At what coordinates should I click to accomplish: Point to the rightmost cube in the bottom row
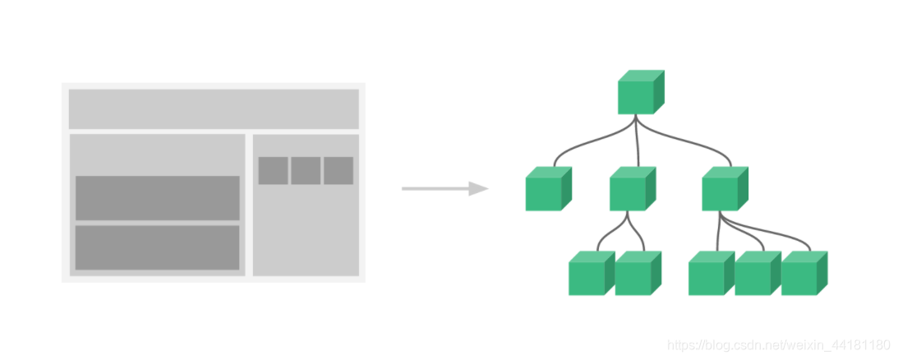pos(803,274)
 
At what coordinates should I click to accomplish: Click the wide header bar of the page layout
pos(214,108)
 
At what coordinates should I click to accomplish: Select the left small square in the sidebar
pos(273,171)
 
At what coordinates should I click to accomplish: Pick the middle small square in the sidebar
pos(306,171)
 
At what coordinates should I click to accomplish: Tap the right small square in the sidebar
pos(338,171)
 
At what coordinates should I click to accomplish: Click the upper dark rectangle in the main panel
pos(158,198)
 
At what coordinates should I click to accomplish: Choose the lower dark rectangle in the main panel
pos(158,247)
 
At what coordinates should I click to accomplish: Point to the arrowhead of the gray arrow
pos(478,189)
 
